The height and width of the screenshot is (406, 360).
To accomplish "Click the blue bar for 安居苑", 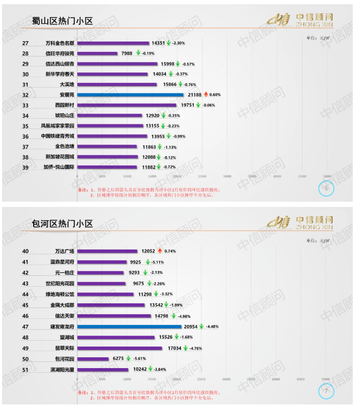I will tap(130, 95).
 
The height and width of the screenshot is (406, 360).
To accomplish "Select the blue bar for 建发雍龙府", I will tap(129, 327).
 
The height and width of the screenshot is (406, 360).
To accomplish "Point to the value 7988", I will tap(127, 53).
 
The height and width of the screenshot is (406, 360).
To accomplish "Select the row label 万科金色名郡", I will tap(60, 43).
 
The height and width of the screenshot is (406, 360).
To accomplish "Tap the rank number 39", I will tap(25, 167).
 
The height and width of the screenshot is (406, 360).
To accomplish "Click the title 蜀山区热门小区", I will tap(62, 21).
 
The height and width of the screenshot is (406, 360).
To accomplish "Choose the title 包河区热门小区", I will tap(62, 223).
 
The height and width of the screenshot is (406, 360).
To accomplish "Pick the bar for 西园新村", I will tap(127, 105).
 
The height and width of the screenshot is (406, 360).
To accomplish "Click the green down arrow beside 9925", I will tap(146, 262).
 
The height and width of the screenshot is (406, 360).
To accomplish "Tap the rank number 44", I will tap(25, 294).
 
